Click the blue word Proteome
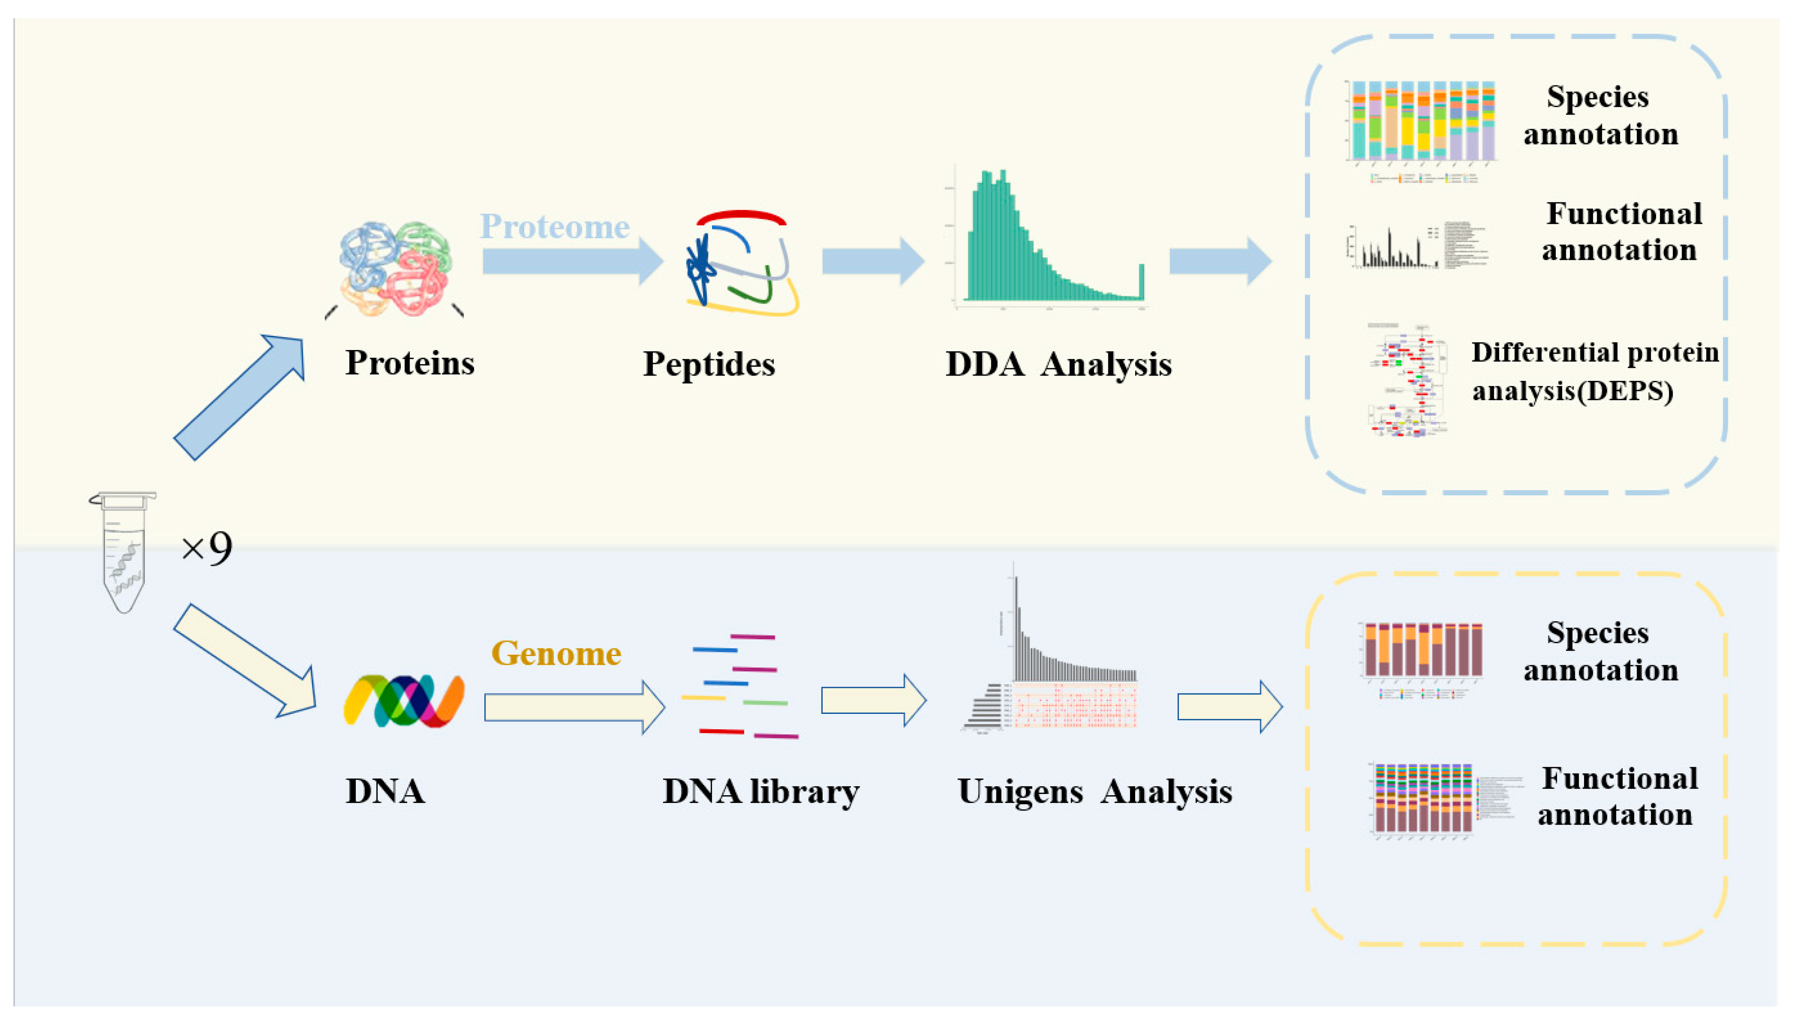554,227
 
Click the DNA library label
761,792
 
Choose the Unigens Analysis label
1094,792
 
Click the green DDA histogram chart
1052,238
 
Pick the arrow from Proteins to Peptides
572,261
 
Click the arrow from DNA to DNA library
574,707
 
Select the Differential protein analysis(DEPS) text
1594,371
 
